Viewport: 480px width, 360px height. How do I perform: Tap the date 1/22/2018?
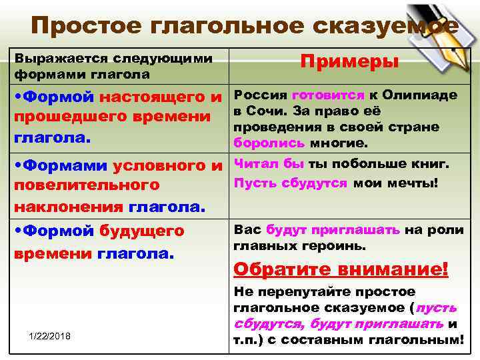coord(51,335)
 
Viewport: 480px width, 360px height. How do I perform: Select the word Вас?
coord(247,230)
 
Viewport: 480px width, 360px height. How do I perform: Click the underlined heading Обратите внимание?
coord(341,270)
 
